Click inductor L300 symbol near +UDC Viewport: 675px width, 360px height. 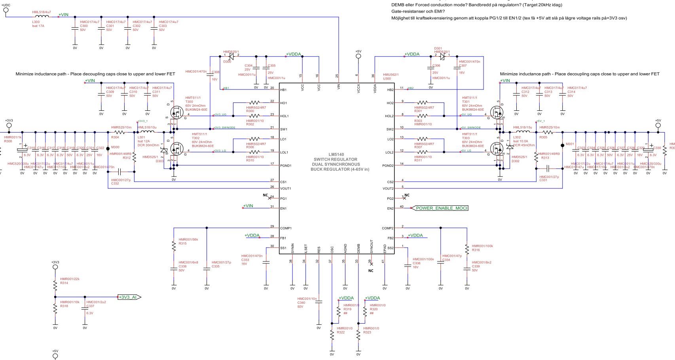click(42, 17)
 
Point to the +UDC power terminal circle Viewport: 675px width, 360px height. click(6, 10)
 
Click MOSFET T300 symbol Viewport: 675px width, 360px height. click(177, 113)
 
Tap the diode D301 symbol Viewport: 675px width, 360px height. click(442, 57)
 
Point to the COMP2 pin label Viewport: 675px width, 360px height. click(388, 228)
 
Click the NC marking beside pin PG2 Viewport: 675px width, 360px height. click(407, 195)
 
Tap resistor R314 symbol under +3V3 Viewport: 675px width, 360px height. click(55, 285)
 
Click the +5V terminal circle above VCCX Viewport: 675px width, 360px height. click(358, 56)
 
